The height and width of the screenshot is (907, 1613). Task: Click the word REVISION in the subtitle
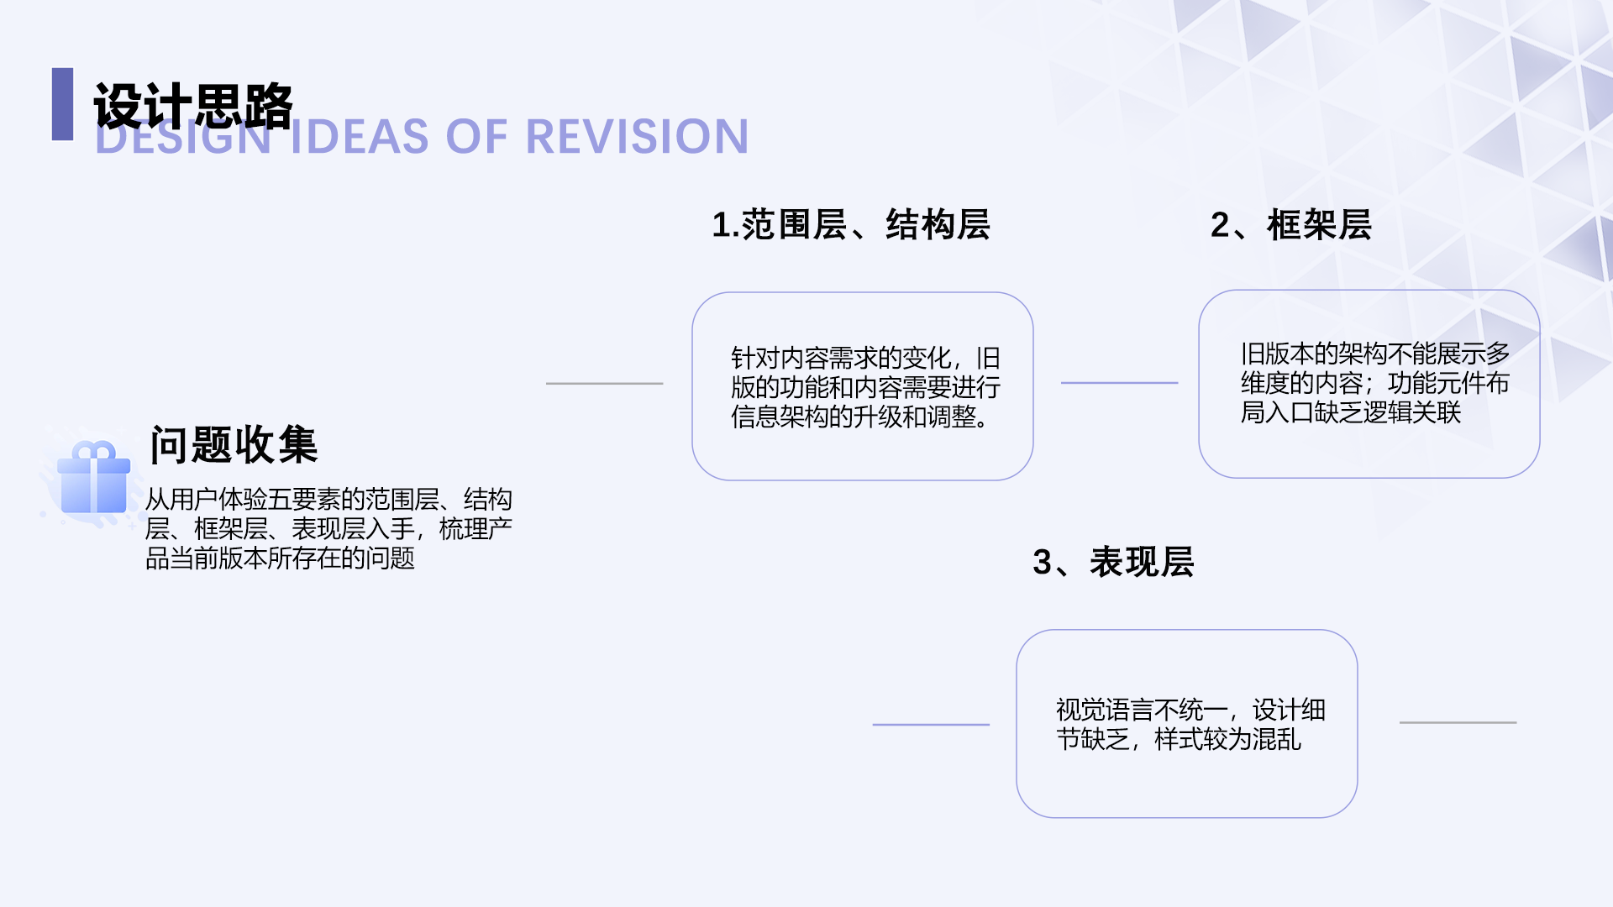pos(636,137)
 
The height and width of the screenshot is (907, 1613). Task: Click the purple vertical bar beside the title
pos(62,104)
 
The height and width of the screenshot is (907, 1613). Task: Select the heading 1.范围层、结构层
pos(850,225)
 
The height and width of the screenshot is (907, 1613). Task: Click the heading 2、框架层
pos(1290,225)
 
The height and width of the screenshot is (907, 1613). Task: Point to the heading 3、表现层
pos(1113,562)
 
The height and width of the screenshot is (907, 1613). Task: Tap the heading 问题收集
pos(234,444)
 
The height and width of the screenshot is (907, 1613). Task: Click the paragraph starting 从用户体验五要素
pos(328,528)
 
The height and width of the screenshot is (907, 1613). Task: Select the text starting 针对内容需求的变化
pos(864,387)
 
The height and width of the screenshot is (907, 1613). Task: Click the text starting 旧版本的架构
pos(1374,383)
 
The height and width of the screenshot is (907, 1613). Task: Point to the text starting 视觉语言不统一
pos(1190,724)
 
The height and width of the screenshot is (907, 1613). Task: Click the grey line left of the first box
pos(604,384)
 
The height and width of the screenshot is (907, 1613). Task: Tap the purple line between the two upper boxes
pos(1119,383)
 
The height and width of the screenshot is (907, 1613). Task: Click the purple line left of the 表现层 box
pos(931,724)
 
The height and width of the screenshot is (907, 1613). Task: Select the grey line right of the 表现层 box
pos(1458,722)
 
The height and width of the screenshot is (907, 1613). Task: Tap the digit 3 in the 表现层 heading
pos(1042,563)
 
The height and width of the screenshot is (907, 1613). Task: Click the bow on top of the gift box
pos(94,451)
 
